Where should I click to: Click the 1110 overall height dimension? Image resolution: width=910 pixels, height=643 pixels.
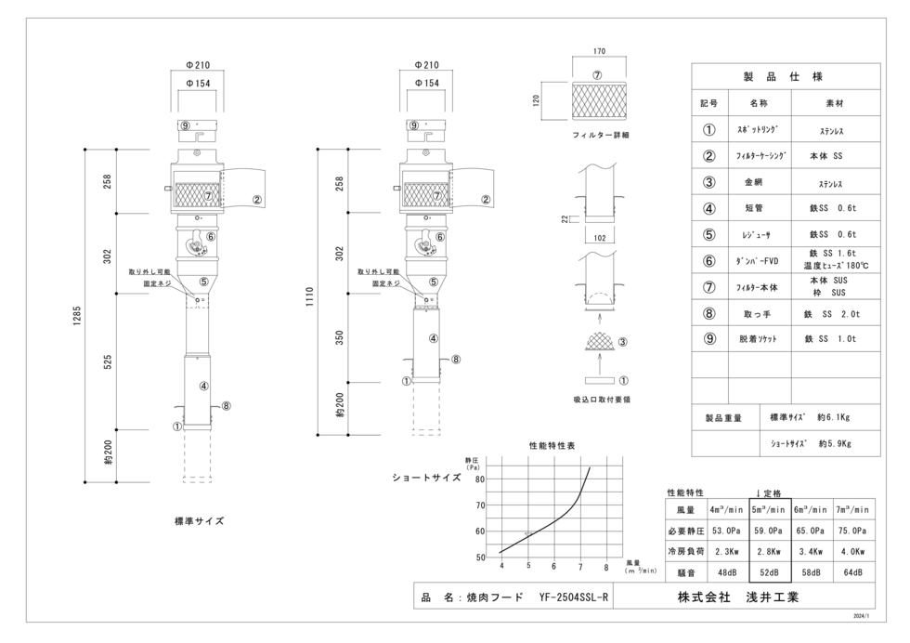pyautogui.click(x=310, y=296)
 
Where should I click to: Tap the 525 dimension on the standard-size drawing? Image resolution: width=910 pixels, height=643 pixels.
pyautogui.click(x=108, y=361)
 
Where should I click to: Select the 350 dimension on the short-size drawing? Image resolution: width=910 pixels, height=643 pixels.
pyautogui.click(x=340, y=337)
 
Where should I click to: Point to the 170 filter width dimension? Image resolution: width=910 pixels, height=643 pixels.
pyautogui.click(x=599, y=51)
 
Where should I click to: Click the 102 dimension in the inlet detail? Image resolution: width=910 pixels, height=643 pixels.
pyautogui.click(x=600, y=238)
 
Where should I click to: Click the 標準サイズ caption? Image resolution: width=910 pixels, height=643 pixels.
pyautogui.click(x=199, y=521)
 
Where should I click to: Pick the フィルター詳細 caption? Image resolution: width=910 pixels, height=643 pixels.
pyautogui.click(x=600, y=135)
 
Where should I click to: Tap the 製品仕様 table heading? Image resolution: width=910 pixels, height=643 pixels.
pyautogui.click(x=783, y=77)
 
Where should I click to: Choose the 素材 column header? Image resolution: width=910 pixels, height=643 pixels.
pyautogui.click(x=835, y=103)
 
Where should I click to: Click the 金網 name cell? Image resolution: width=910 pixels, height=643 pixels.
pyautogui.click(x=754, y=182)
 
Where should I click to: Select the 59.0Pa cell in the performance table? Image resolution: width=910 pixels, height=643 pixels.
pyautogui.click(x=769, y=531)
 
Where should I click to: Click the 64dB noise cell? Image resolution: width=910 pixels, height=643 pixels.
pyautogui.click(x=852, y=572)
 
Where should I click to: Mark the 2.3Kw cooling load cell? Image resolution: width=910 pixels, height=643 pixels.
pyautogui.click(x=726, y=551)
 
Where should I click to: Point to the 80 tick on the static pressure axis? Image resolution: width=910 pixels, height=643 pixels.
pyautogui.click(x=480, y=479)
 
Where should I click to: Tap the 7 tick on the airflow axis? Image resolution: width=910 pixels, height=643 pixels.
pyautogui.click(x=579, y=567)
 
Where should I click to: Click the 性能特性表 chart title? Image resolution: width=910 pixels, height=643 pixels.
pyautogui.click(x=552, y=445)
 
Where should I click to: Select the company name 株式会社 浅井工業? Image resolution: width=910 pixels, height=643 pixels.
pyautogui.click(x=737, y=597)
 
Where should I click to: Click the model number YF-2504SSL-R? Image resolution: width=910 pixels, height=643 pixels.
pyautogui.click(x=574, y=597)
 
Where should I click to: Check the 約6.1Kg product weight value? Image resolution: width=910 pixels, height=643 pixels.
pyautogui.click(x=834, y=417)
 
